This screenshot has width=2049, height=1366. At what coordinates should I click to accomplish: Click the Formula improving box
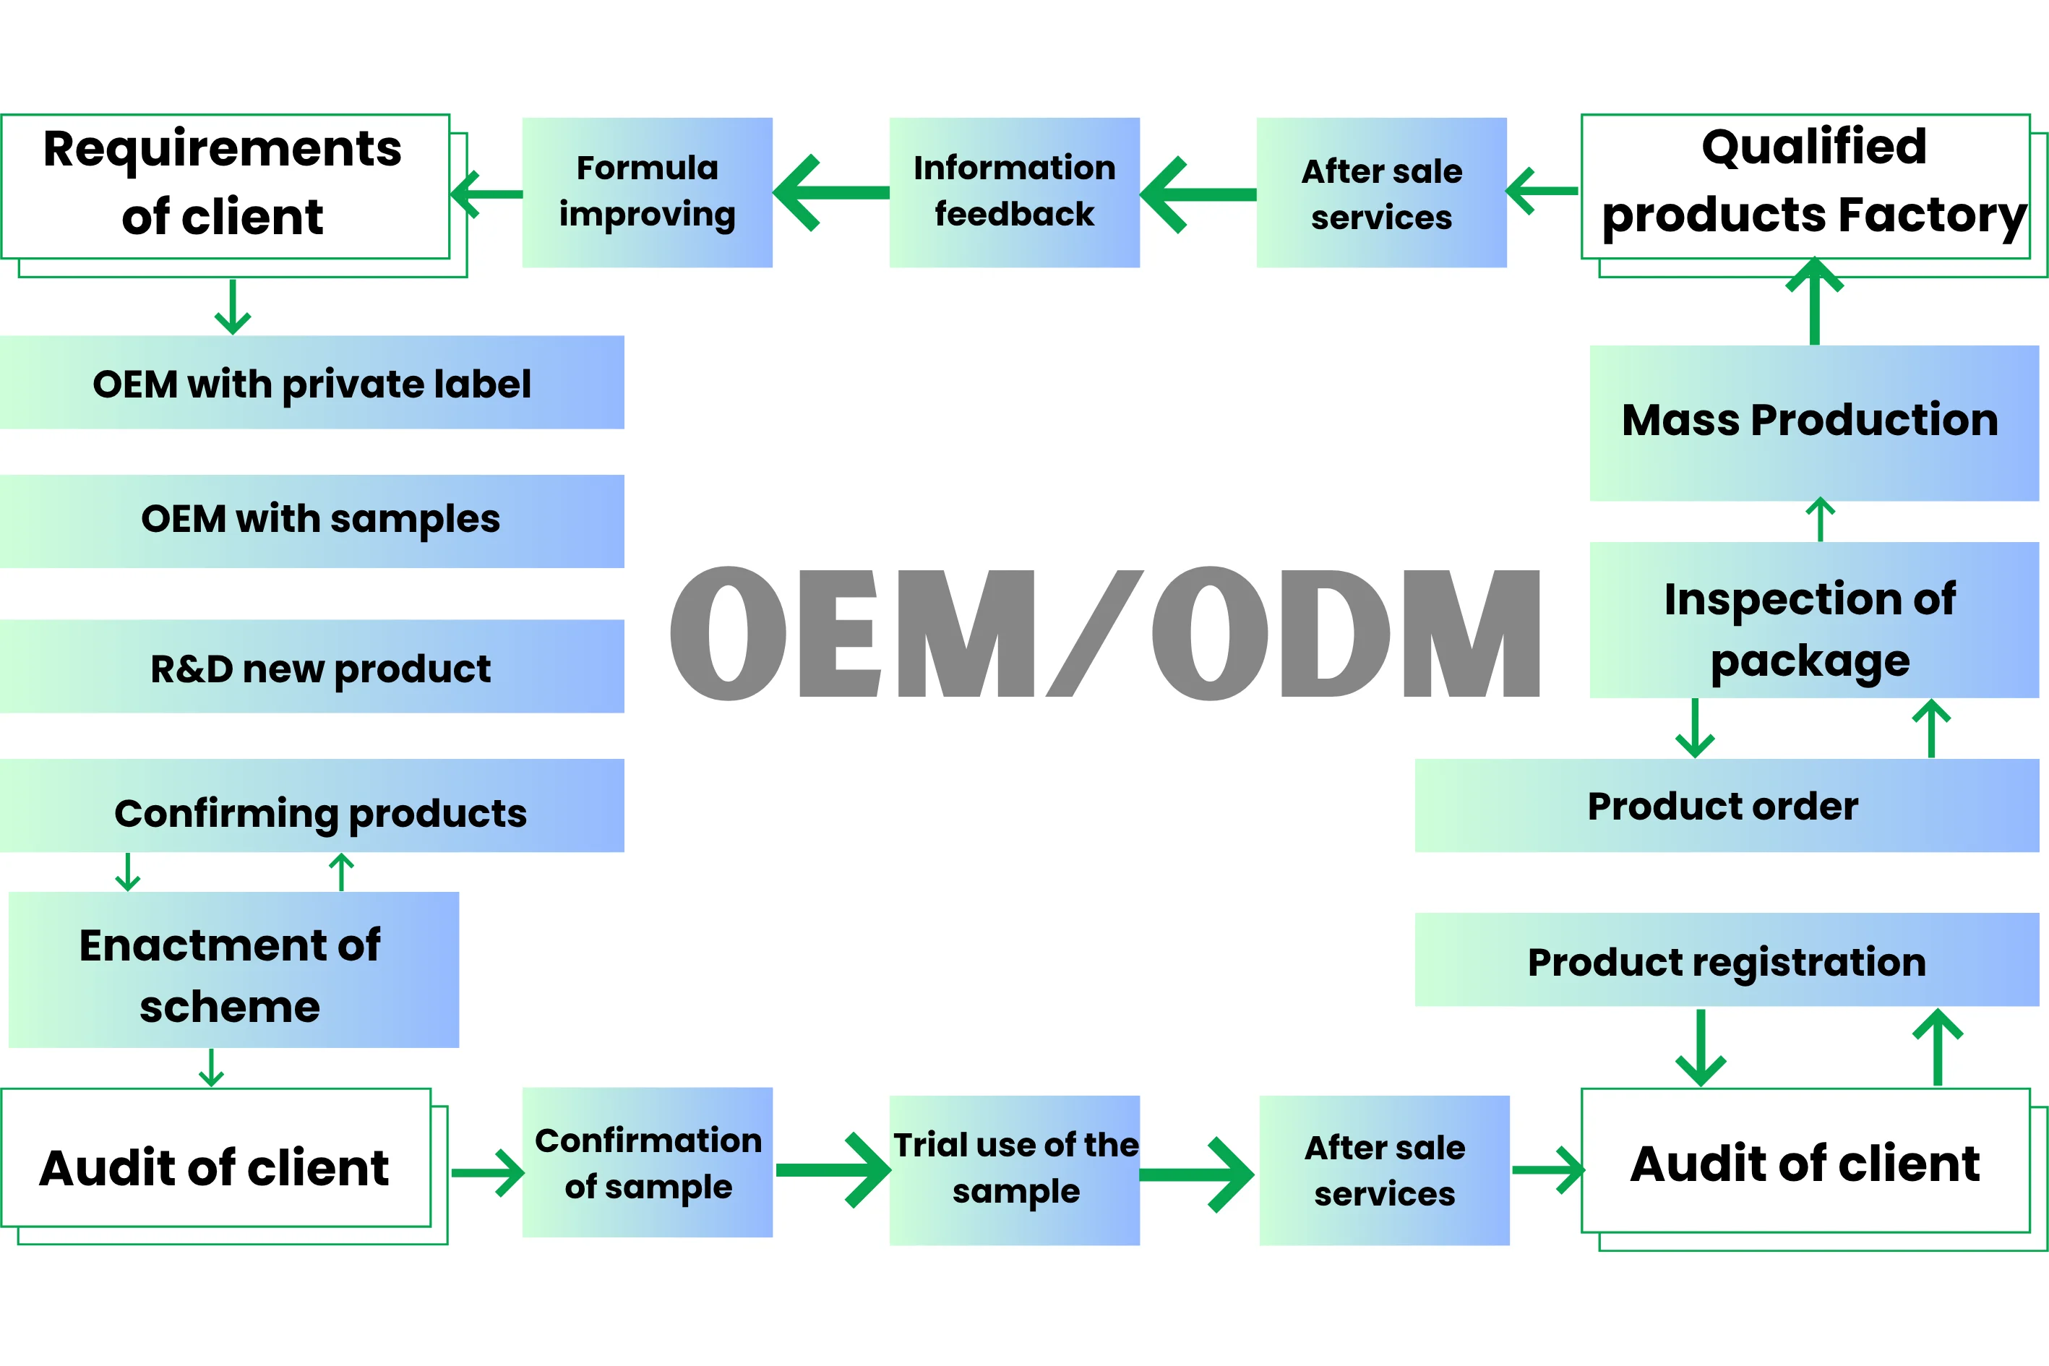(x=648, y=192)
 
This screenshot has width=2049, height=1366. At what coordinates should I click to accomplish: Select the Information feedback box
(x=1014, y=192)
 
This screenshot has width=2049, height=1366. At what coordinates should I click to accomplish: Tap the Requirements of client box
(x=225, y=187)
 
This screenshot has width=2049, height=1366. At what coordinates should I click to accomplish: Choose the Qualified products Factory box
(x=1806, y=187)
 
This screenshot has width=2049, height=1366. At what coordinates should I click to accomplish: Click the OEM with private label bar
(x=312, y=382)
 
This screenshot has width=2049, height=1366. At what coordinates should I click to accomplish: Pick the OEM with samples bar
(x=312, y=521)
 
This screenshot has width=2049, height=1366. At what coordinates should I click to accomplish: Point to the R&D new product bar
(x=312, y=666)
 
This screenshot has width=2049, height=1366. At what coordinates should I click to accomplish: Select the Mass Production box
(x=1815, y=424)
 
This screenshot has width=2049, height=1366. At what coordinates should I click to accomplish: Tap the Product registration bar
(x=1727, y=959)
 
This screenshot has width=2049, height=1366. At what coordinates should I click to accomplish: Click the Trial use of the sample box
(x=1014, y=1170)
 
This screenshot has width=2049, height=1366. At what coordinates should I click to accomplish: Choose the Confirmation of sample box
(x=648, y=1162)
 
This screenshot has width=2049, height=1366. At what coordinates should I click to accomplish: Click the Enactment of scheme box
(x=233, y=970)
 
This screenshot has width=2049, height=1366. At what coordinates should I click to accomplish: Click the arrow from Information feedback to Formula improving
(x=831, y=192)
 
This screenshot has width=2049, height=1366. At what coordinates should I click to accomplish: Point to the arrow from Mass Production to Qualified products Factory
(x=1815, y=301)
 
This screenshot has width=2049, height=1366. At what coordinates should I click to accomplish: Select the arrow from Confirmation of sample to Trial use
(x=833, y=1170)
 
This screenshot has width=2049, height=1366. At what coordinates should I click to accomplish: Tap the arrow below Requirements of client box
(x=233, y=306)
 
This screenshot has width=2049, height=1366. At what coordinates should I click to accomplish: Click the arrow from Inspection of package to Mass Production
(x=1821, y=519)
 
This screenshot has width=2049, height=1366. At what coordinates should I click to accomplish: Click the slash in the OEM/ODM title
(x=1094, y=633)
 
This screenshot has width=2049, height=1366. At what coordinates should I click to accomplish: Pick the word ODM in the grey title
(x=1346, y=633)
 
